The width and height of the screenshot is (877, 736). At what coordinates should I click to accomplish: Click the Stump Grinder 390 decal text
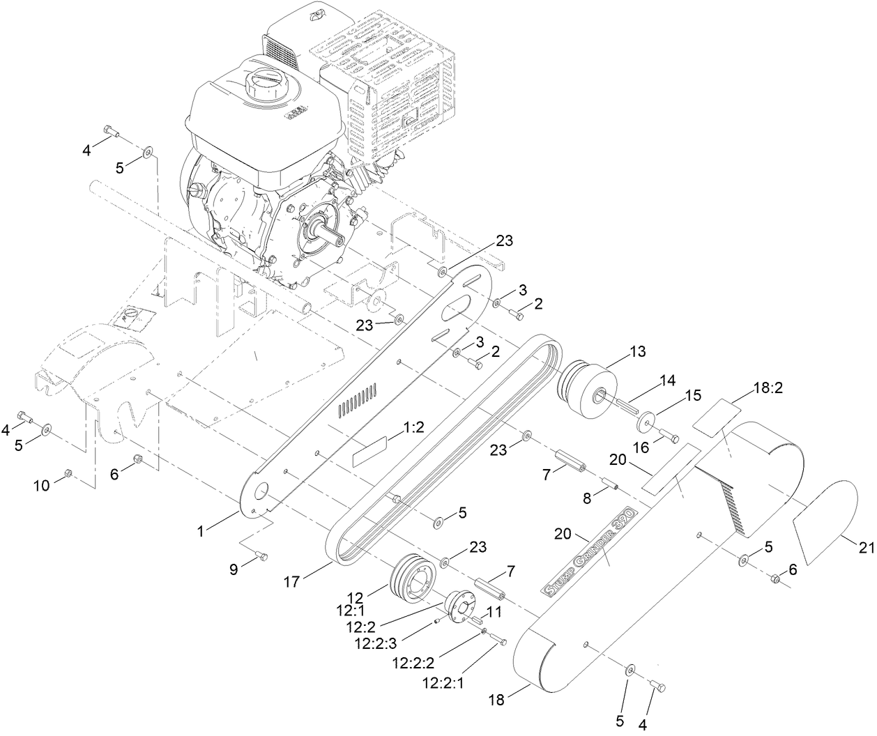586,551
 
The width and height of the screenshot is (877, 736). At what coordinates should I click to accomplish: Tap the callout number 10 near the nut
42,485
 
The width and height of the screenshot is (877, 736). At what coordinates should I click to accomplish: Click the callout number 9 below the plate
234,569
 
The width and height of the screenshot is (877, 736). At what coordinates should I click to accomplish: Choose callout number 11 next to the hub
494,613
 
